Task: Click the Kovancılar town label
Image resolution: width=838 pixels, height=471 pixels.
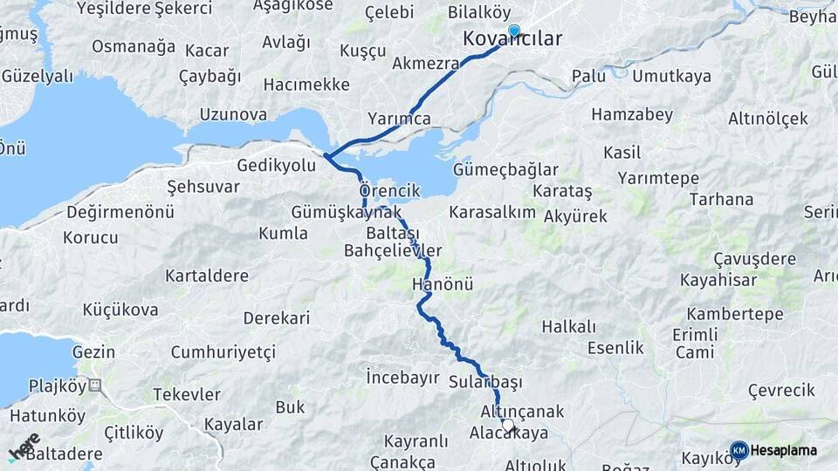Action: click(x=512, y=39)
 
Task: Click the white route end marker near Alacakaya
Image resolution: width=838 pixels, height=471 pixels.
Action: click(x=508, y=425)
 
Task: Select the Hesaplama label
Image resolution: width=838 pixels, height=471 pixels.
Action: click(x=784, y=450)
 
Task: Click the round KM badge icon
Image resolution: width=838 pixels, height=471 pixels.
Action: click(x=739, y=450)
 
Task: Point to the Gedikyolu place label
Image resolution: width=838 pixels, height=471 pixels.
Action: click(x=277, y=165)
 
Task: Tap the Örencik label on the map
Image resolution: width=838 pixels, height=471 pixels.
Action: click(x=389, y=190)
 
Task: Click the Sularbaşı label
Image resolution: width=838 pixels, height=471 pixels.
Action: click(x=485, y=382)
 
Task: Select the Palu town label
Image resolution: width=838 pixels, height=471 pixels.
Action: click(x=588, y=77)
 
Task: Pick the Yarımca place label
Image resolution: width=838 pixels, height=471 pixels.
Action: click(x=399, y=119)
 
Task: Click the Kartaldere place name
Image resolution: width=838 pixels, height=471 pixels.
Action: click(x=207, y=276)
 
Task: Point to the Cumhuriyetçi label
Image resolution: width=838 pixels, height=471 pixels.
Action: click(x=223, y=352)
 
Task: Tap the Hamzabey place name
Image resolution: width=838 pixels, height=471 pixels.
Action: click(x=632, y=114)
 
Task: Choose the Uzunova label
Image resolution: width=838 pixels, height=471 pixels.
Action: click(x=233, y=114)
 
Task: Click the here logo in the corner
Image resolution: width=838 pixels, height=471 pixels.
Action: click(x=24, y=447)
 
